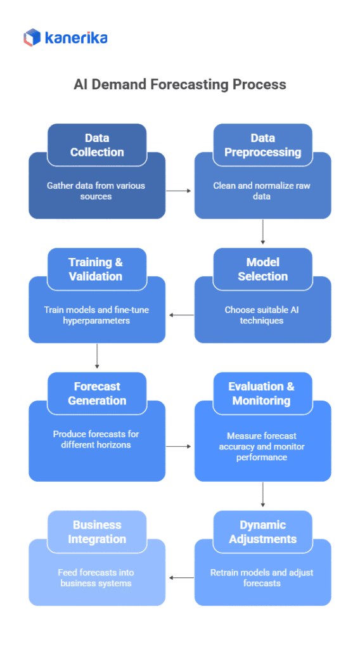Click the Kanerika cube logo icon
pos(32,38)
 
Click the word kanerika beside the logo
pos(76,39)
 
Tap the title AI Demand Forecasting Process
pos(180,84)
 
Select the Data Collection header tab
pos(97,145)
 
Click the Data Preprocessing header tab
pos(262,145)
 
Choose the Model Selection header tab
pos(262,269)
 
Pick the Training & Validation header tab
pos(97,269)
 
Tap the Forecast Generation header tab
pos(97,394)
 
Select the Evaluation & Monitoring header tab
pos(262,394)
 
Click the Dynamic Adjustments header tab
pos(262,532)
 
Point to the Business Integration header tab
pos(97,532)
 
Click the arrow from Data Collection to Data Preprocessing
pos(179,190)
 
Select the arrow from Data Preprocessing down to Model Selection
pos(262,232)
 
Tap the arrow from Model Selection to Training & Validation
pos(180,314)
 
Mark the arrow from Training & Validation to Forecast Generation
pos(97,356)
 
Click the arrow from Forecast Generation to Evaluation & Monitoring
pos(179,446)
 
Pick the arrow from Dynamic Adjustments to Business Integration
pos(180,577)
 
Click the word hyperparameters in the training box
pos(97,321)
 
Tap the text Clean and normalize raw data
pos(262,191)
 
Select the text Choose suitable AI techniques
pos(262,315)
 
